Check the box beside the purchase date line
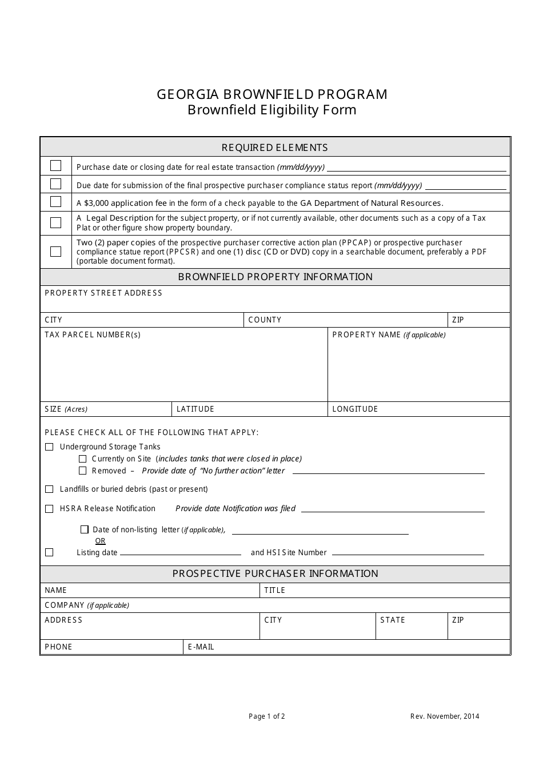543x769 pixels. coord(55,166)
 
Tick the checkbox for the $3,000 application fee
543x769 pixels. coord(55,202)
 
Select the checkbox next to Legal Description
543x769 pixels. coord(55,222)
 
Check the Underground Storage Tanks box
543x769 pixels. coord(49,447)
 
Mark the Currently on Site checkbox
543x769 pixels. coord(82,459)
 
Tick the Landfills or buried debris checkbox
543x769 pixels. coord(49,489)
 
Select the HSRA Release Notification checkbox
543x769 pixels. coord(49,508)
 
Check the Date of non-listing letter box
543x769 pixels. coord(85,529)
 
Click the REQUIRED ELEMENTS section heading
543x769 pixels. coord(274,148)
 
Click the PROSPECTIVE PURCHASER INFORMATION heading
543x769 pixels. coord(275,573)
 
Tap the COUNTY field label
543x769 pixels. coord(265,320)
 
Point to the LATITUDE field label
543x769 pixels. coord(195,409)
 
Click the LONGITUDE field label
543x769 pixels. coord(355,409)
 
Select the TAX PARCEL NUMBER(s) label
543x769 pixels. coord(92,334)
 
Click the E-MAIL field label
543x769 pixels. coord(201,647)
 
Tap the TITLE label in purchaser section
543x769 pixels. coord(274,590)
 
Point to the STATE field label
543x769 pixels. coord(393,620)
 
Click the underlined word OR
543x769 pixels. coord(100,541)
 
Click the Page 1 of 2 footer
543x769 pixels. coord(266,716)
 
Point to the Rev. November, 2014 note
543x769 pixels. coord(444,716)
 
